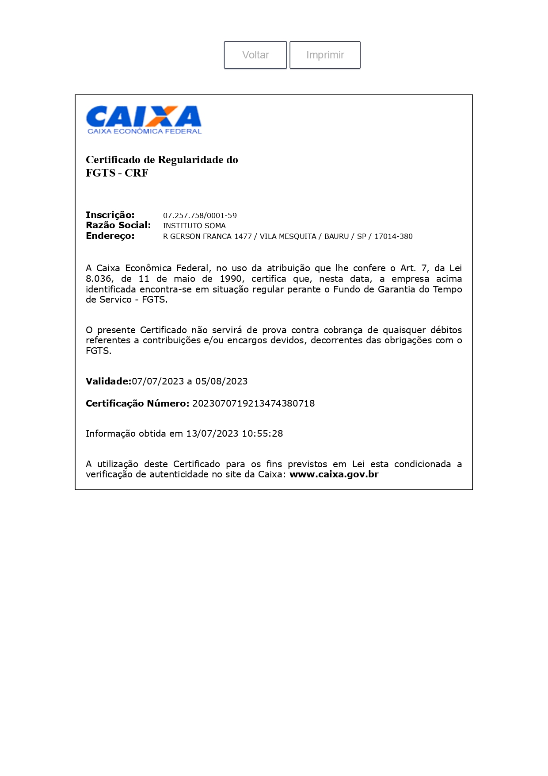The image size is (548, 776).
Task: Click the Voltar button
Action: [255, 55]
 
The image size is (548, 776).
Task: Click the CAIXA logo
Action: [144, 119]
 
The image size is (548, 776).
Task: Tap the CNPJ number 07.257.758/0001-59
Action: [200, 215]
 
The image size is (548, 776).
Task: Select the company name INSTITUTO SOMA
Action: [194, 226]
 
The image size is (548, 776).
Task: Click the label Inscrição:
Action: [110, 215]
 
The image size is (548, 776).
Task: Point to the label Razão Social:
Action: [118, 225]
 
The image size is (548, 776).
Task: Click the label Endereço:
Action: [110, 236]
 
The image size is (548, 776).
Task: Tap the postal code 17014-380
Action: [393, 236]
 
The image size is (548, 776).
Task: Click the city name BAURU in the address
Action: [336, 236]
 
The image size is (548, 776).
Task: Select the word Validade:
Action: [108, 381]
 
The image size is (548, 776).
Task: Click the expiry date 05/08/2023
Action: [221, 381]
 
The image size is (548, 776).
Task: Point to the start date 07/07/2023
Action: [158, 381]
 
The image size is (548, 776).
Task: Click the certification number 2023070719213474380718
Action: [253, 403]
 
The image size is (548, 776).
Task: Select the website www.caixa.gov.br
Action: [334, 474]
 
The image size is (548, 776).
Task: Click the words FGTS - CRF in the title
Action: [117, 173]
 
